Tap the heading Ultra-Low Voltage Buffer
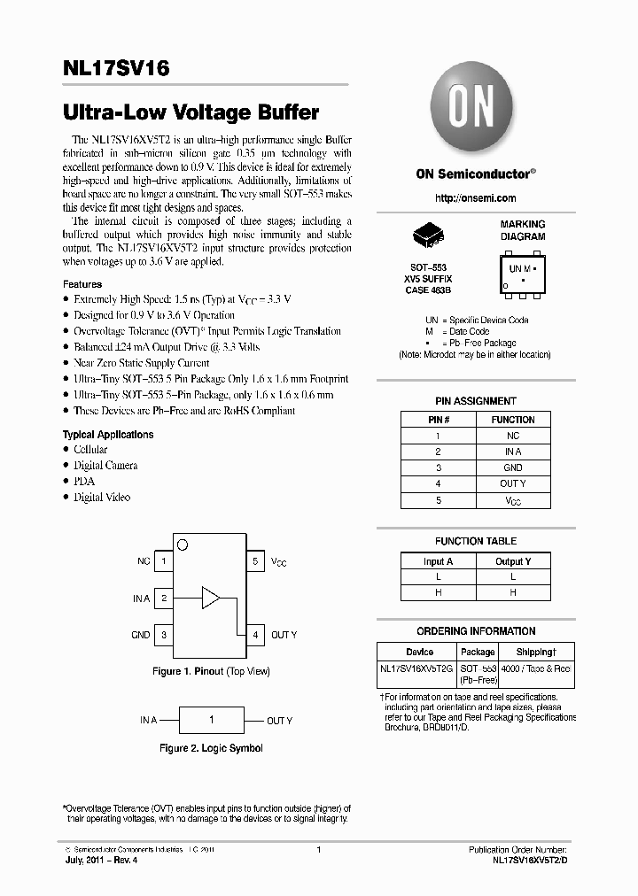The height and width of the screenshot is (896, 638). pyautogui.click(x=191, y=113)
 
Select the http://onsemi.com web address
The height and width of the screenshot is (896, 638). pyautogui.click(x=476, y=198)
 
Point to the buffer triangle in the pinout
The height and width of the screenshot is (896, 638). pyautogui.click(x=210, y=598)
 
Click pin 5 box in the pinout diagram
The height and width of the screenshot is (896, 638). pyautogui.click(x=254, y=561)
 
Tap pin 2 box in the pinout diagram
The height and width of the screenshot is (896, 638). pyautogui.click(x=164, y=599)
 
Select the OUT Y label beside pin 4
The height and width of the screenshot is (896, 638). pyautogui.click(x=284, y=635)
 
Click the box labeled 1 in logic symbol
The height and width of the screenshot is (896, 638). pyautogui.click(x=211, y=720)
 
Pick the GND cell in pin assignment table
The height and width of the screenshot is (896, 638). pyautogui.click(x=513, y=467)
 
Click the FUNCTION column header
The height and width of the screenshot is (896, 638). pyautogui.click(x=513, y=420)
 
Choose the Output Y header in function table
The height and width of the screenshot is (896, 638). pyautogui.click(x=513, y=561)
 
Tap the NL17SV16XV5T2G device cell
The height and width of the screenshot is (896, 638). pyautogui.click(x=416, y=669)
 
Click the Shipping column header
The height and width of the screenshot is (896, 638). pyautogui.click(x=534, y=652)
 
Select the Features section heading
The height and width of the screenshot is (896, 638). pyautogui.click(x=82, y=284)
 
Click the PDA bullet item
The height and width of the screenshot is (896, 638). pyautogui.click(x=84, y=481)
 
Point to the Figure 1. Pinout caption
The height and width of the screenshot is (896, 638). pyautogui.click(x=211, y=672)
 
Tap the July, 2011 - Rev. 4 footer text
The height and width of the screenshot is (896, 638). pyautogui.click(x=99, y=861)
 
